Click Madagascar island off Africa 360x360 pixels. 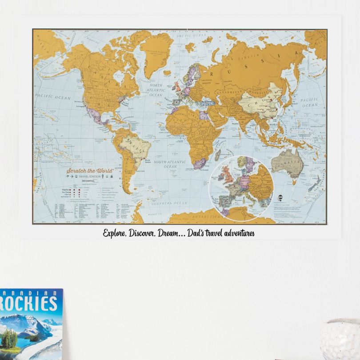[218, 155]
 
